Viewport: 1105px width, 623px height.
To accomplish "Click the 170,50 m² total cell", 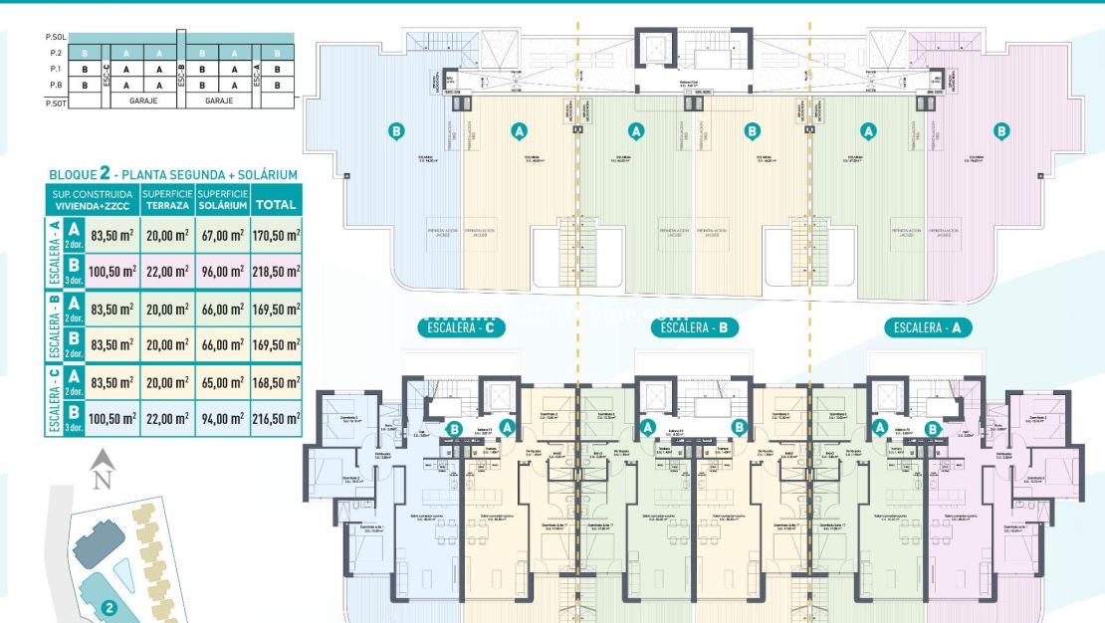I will coord(276,237).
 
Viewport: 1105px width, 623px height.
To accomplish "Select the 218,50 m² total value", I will coord(276,271).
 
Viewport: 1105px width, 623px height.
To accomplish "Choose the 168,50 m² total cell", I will coord(276,382).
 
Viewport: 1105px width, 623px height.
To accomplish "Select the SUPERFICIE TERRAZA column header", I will coord(167,199).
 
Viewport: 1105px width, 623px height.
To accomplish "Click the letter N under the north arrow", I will coord(100,481).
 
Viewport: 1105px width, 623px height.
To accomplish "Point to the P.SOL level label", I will coord(55,37).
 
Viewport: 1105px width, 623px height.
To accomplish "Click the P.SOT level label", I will coord(55,102).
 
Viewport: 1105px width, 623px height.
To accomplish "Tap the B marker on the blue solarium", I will coord(396,130).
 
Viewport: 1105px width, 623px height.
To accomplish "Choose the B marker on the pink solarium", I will coord(1001,130).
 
